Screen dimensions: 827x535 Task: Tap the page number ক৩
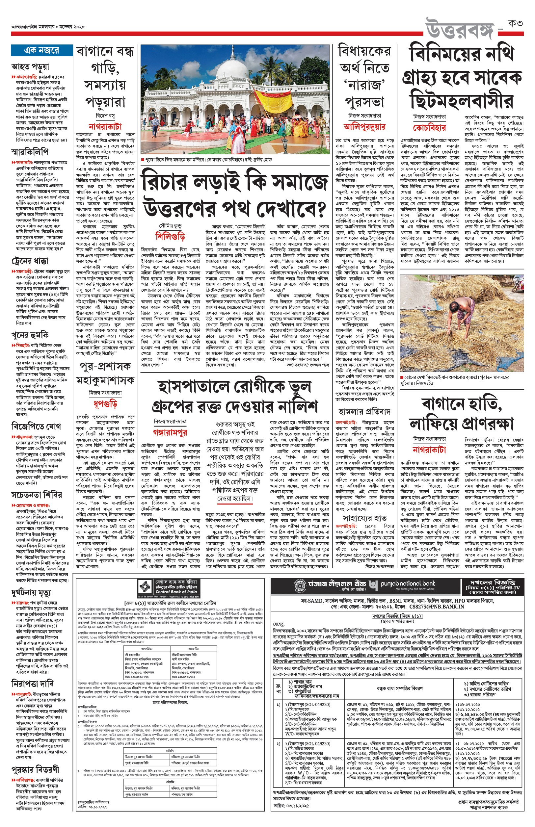click(515, 24)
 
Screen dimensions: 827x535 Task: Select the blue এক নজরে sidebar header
click(42, 50)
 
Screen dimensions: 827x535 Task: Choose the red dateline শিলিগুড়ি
click(170, 236)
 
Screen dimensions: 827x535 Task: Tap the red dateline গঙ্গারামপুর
click(170, 432)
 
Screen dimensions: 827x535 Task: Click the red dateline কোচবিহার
click(429, 127)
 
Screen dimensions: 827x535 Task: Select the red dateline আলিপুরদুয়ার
click(364, 126)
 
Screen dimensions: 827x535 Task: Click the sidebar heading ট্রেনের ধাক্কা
click(30, 261)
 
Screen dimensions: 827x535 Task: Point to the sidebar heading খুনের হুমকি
click(30, 335)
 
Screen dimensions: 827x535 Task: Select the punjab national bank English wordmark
click(408, 584)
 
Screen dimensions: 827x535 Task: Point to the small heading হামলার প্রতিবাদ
click(364, 412)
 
